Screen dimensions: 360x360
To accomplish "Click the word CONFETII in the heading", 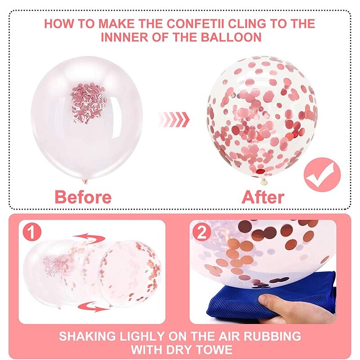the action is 195,24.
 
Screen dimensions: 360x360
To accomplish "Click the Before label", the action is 83,197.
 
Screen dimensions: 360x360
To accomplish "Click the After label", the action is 263,197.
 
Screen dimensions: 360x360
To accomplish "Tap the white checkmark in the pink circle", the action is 322,175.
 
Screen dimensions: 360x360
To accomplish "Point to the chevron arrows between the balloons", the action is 174,119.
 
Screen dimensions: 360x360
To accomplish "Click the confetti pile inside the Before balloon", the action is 88,103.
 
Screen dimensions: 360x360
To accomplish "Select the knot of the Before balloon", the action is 85,181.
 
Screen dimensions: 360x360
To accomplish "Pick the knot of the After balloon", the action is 264,181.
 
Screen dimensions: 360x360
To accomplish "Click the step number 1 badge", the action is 32,232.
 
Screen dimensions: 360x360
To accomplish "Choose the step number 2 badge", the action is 202,233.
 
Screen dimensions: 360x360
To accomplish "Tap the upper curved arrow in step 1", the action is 90,238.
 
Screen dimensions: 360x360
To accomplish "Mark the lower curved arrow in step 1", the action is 94,306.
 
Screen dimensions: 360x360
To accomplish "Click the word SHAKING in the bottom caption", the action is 87,336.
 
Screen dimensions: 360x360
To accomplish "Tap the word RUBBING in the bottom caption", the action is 272,336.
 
